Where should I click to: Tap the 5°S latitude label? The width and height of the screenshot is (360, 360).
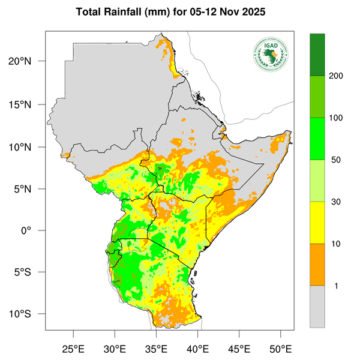[29, 272]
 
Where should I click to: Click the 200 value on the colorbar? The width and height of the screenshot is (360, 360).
[335, 76]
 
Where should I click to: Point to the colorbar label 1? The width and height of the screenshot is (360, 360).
[335, 286]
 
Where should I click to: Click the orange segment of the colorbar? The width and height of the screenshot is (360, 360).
[317, 264]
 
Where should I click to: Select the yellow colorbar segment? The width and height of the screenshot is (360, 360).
[317, 222]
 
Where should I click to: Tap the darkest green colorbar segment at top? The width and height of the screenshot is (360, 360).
[317, 55]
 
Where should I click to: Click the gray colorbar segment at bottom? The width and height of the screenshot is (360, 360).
[317, 306]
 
